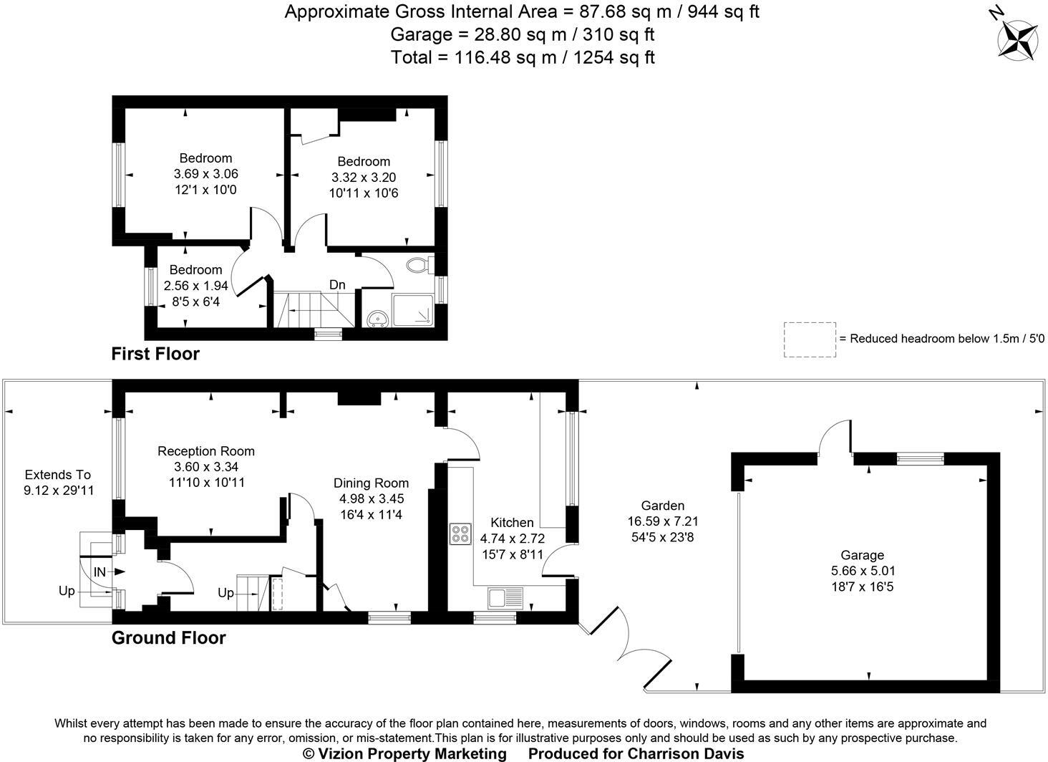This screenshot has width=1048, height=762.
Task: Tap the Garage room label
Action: (862, 555)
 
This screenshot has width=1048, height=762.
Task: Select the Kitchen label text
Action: (512, 523)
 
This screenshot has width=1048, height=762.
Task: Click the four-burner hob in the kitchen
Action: (460, 534)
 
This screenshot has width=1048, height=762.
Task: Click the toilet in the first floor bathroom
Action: (417, 266)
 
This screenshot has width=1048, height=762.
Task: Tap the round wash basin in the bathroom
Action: (377, 318)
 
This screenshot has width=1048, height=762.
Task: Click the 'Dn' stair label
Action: (337, 285)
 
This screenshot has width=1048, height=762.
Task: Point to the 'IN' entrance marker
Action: (100, 571)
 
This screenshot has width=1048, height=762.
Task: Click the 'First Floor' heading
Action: (155, 354)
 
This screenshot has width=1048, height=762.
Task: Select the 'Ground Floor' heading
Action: (168, 638)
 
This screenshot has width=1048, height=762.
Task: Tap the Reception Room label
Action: (206, 451)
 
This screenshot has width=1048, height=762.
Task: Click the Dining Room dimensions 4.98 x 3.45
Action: (372, 498)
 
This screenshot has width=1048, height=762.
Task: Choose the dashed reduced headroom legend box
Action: (810, 339)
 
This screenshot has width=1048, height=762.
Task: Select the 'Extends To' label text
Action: (58, 475)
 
